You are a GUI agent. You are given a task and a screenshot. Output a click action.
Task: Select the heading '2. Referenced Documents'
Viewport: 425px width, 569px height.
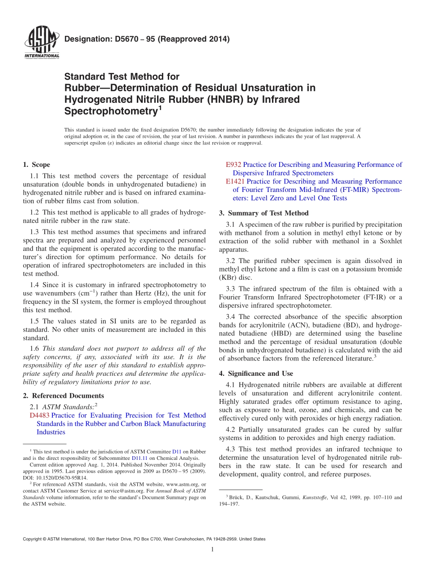click(x=63, y=395)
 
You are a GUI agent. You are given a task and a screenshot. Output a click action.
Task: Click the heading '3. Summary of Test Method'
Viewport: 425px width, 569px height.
click(x=263, y=213)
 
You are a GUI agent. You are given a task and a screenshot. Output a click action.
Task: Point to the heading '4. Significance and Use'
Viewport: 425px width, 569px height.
click(x=256, y=373)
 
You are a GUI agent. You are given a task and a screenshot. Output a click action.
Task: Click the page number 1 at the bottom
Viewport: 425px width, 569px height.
click(x=212, y=549)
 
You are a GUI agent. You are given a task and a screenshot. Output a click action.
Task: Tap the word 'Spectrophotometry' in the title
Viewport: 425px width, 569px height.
click(x=110, y=111)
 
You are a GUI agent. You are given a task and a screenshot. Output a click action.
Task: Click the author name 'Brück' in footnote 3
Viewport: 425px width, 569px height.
click(x=237, y=497)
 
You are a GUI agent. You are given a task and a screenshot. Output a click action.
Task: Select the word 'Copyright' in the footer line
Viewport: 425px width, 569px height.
click(x=34, y=539)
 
